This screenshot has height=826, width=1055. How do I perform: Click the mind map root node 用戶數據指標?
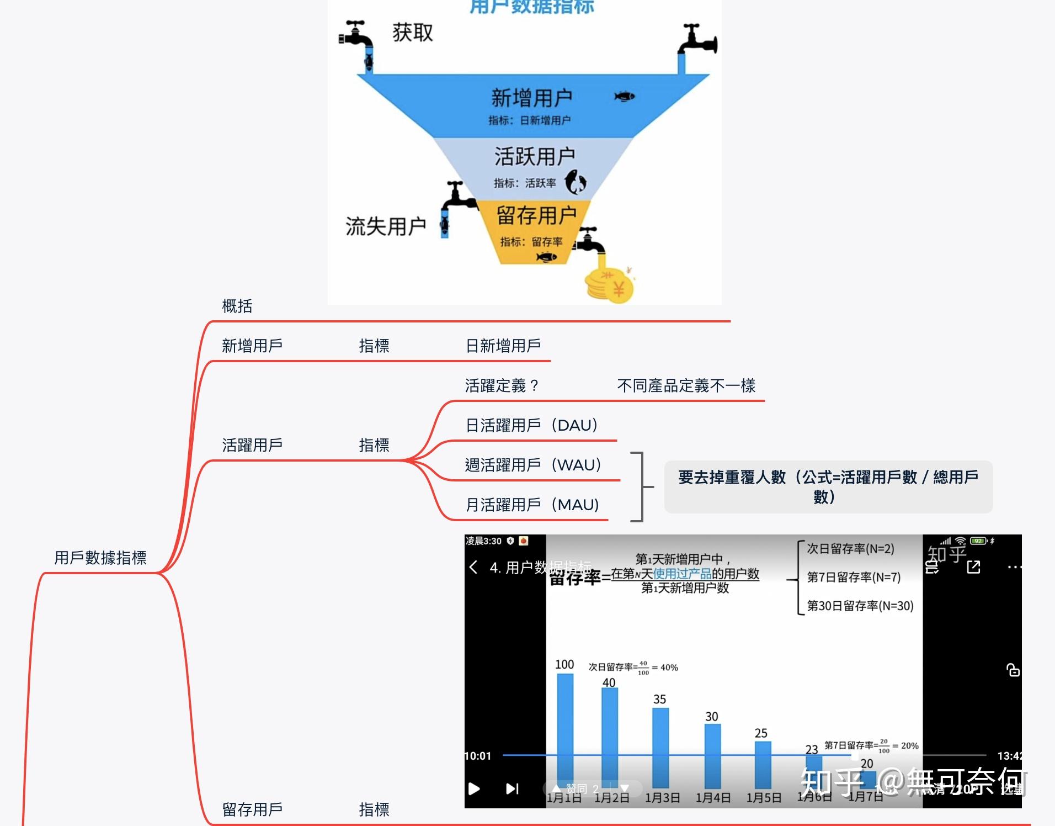[100, 558]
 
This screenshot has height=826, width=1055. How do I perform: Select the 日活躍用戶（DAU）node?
[531, 425]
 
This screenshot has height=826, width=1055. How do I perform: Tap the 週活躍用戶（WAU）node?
[532, 465]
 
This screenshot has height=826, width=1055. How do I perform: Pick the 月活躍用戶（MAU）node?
[532, 505]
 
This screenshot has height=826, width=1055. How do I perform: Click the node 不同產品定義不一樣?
[686, 385]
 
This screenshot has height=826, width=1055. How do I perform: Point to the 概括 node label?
[237, 306]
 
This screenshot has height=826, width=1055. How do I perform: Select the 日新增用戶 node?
[503, 346]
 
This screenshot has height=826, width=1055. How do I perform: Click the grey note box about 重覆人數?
[828, 486]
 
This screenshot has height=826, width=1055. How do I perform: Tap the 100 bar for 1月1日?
[565, 729]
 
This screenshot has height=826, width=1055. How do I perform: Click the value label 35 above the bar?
[660, 699]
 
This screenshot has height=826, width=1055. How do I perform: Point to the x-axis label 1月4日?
[713, 798]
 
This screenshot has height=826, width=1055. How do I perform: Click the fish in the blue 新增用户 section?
[625, 97]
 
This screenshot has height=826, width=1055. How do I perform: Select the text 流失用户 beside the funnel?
[386, 226]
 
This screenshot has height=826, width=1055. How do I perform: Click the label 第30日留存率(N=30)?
[860, 606]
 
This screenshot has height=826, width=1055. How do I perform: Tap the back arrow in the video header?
[473, 567]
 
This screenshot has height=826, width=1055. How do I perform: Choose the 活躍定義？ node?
[501, 385]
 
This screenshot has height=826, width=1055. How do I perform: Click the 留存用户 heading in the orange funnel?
[536, 215]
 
